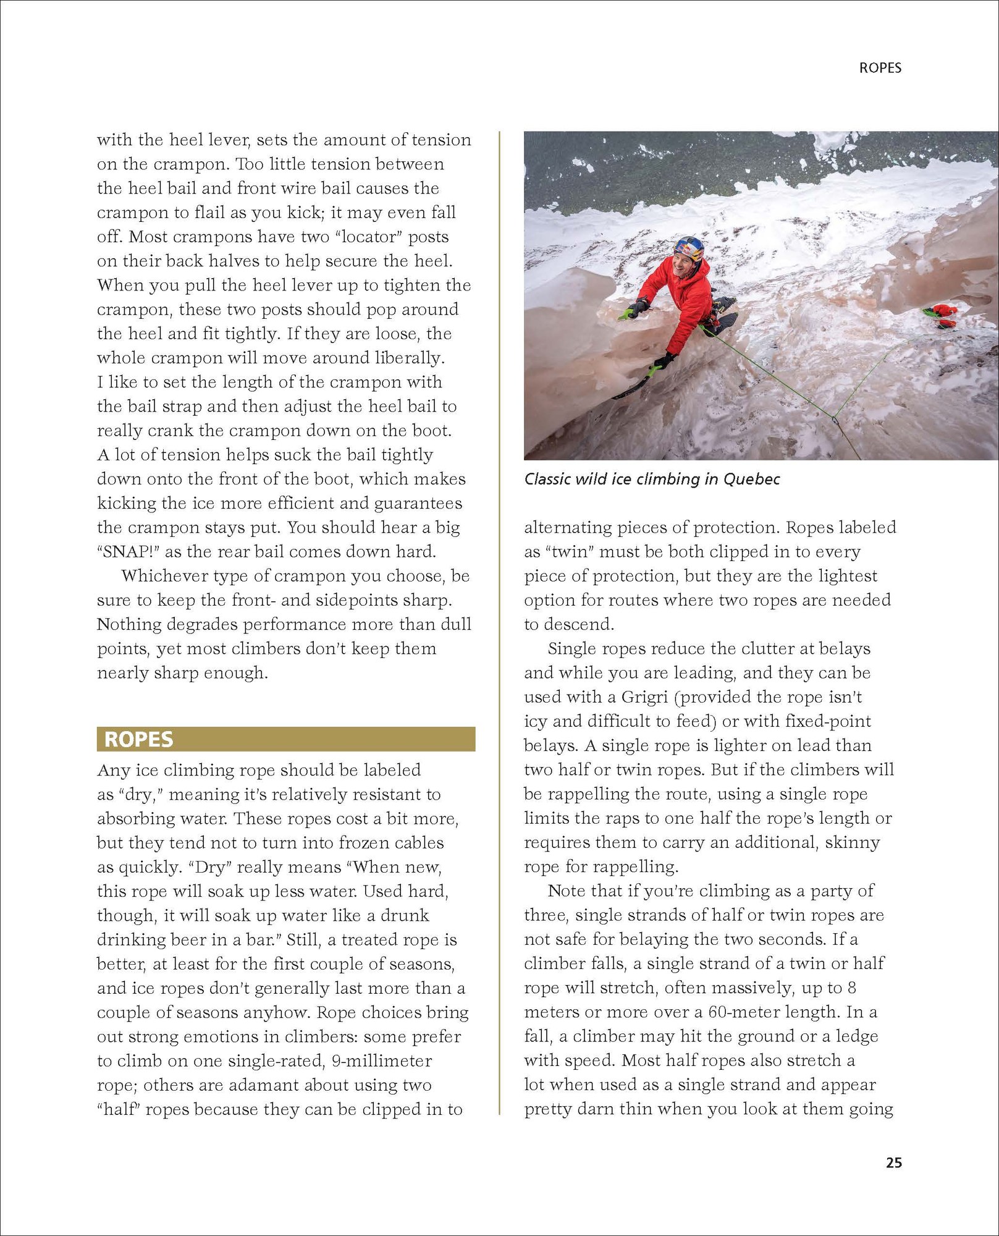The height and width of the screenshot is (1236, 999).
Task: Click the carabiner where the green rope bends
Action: [x=835, y=420]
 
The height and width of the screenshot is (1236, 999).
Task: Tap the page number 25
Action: [x=893, y=1162]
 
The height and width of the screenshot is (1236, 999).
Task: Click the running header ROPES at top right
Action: [x=880, y=68]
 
